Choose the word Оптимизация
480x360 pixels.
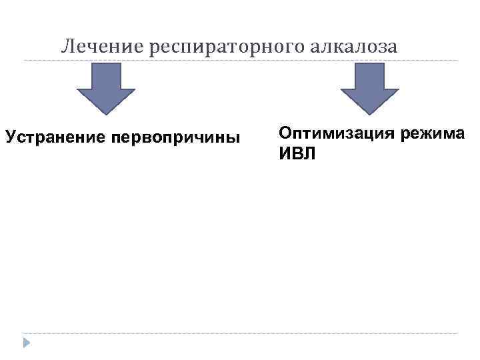click(336, 133)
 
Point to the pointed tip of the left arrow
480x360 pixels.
click(107, 113)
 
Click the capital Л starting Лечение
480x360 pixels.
click(66, 47)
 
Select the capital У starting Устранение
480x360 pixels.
click(10, 138)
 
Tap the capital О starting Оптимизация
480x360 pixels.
click(285, 133)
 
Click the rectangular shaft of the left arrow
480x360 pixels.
click(107, 76)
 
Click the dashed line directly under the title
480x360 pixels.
click(240, 61)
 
